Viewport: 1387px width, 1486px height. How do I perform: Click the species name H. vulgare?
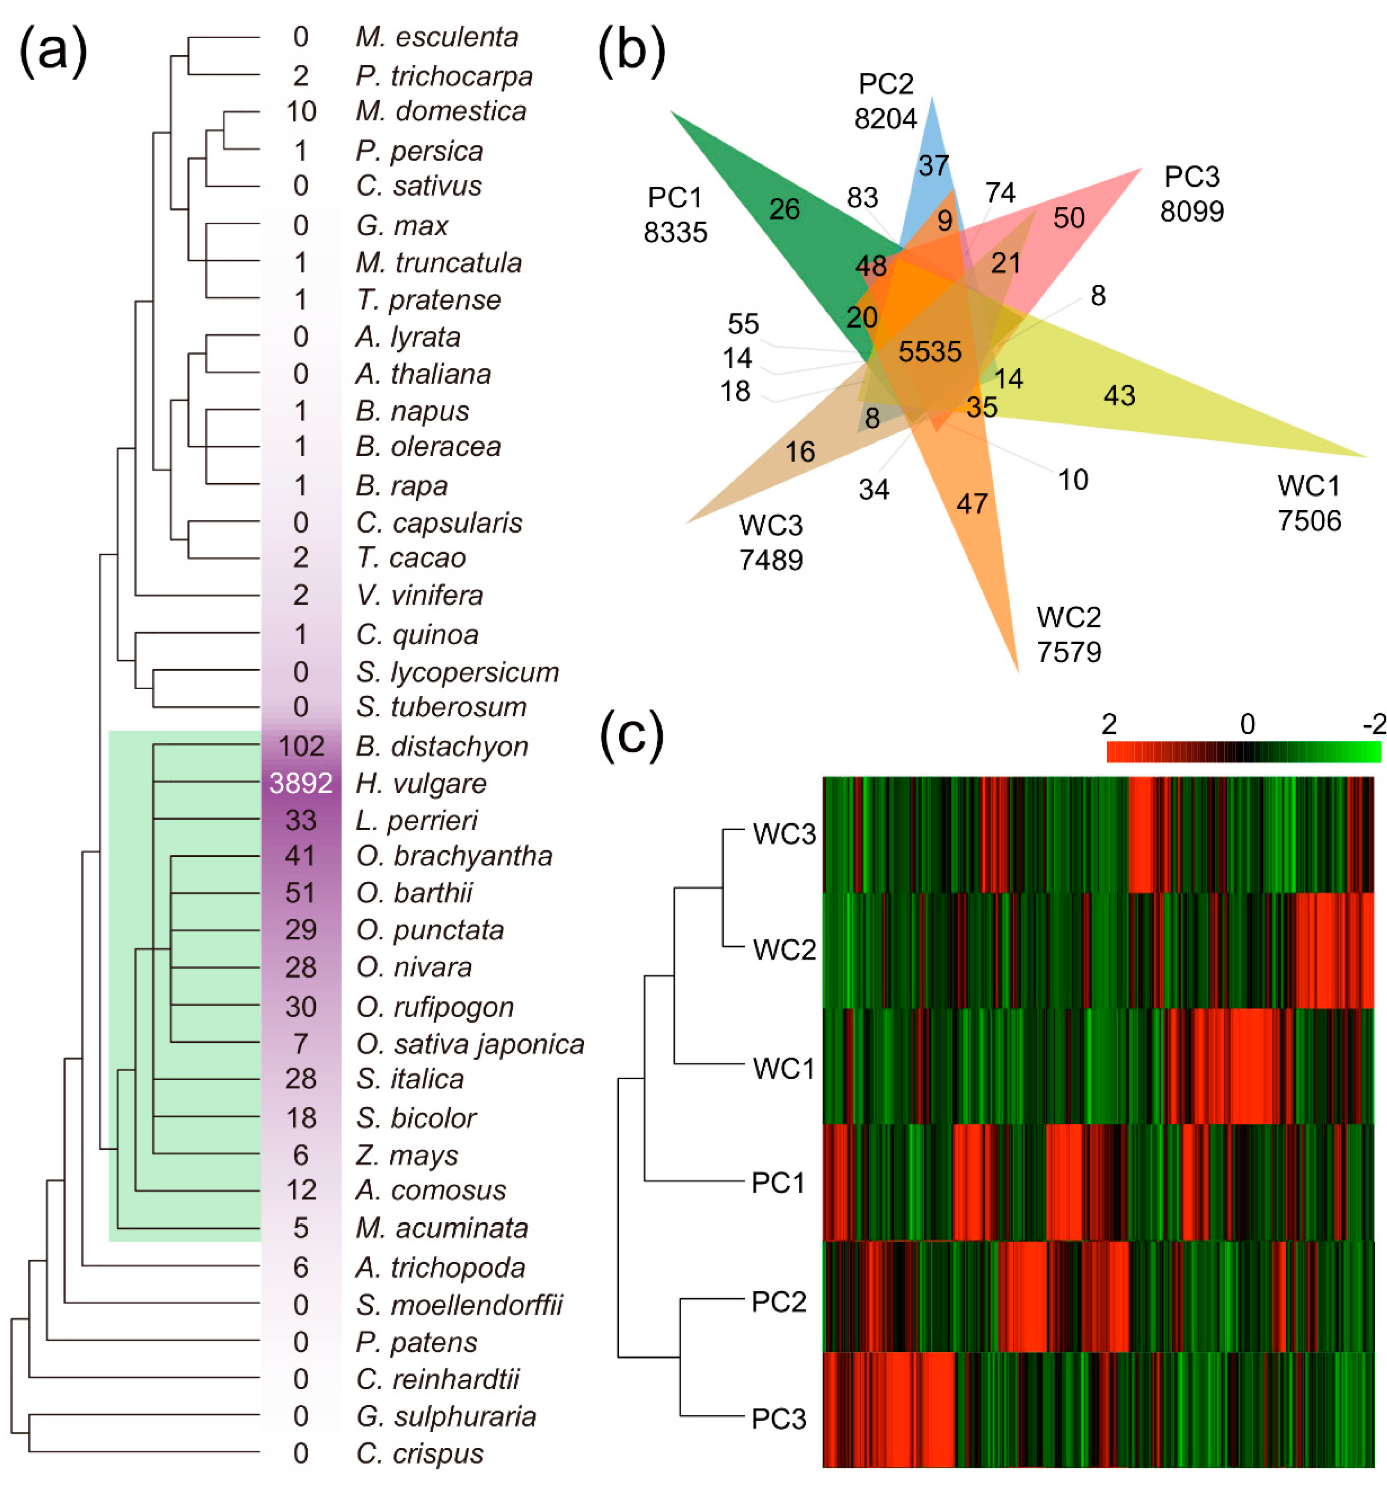pyautogui.click(x=421, y=783)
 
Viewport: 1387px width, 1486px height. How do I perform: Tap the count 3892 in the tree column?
pyautogui.click(x=300, y=783)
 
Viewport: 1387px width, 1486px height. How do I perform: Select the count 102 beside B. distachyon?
pyautogui.click(x=300, y=746)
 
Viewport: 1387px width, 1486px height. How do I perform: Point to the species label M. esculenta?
pyautogui.click(x=436, y=36)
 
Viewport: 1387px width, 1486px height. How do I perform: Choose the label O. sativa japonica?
pyautogui.click(x=470, y=1044)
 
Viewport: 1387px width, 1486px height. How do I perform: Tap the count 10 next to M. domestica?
pyautogui.click(x=300, y=112)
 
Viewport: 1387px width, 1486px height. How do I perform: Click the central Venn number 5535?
pyautogui.click(x=930, y=351)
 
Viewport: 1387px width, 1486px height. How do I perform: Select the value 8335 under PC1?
pyautogui.click(x=675, y=233)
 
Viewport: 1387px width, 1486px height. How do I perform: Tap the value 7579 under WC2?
pyautogui.click(x=1069, y=652)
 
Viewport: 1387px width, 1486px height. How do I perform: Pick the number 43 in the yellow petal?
pyautogui.click(x=1119, y=395)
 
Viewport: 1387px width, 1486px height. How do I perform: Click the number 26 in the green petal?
pyautogui.click(x=784, y=209)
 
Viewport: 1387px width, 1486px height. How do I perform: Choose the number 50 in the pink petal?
pyautogui.click(x=1069, y=217)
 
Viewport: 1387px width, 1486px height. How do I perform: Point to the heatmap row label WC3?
pyautogui.click(x=784, y=834)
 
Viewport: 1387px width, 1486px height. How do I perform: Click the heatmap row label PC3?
pyautogui.click(x=779, y=1419)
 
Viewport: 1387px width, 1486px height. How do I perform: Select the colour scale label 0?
pyautogui.click(x=1247, y=723)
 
